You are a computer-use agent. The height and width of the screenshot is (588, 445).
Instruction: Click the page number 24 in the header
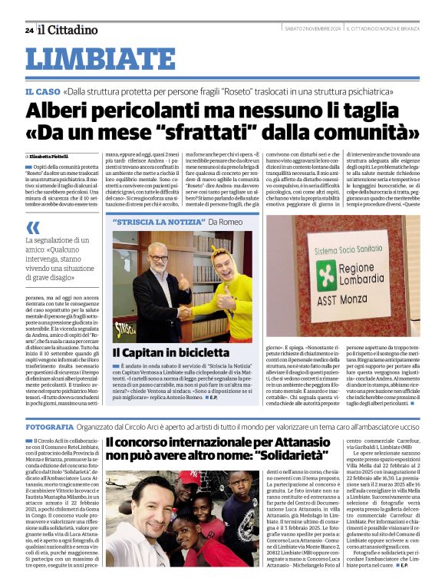[x=28, y=31]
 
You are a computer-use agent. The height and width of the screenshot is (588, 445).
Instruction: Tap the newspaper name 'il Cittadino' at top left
[x=70, y=30]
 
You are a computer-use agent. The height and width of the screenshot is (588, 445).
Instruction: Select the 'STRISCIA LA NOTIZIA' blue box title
[x=160, y=222]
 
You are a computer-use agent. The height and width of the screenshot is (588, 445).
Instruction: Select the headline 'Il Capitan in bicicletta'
[x=170, y=353]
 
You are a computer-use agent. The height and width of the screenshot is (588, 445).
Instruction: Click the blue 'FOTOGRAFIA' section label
[x=49, y=425]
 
